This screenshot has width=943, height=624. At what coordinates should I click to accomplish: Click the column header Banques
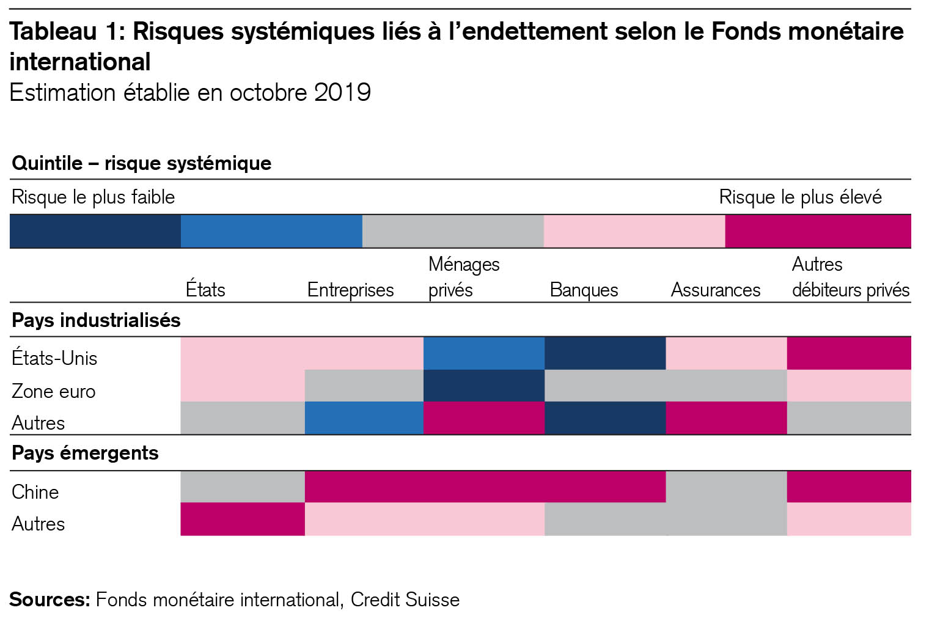(x=584, y=290)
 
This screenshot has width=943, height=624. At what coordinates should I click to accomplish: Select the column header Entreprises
(x=350, y=290)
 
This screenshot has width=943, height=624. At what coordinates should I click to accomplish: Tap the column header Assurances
(x=715, y=290)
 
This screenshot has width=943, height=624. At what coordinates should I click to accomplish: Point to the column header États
(x=205, y=290)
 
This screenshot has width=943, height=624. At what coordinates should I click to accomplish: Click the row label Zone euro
(x=54, y=391)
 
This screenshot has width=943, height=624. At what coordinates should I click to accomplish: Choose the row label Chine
(x=35, y=492)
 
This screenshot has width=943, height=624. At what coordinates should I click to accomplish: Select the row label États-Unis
(x=54, y=358)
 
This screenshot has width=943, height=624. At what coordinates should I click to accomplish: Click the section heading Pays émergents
(x=85, y=453)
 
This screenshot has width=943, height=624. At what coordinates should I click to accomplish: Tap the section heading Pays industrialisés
(x=96, y=320)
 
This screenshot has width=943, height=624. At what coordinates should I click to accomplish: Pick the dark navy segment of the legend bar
(x=95, y=231)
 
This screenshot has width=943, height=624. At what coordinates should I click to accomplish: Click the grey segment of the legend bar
(x=453, y=231)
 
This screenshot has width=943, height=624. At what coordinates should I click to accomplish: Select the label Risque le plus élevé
(x=800, y=197)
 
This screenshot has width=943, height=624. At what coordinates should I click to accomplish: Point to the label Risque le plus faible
(x=93, y=197)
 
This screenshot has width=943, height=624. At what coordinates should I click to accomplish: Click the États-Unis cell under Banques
(x=604, y=353)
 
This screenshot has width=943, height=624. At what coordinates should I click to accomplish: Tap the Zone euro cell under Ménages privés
(x=483, y=386)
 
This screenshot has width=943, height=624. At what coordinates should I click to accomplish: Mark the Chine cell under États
(x=243, y=487)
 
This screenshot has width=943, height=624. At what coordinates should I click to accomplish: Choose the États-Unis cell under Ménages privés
(x=483, y=353)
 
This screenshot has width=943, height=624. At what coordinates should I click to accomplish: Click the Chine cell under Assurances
(x=726, y=487)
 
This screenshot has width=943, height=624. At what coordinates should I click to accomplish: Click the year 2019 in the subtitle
(x=342, y=93)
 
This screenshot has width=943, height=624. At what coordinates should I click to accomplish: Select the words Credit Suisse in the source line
(x=405, y=600)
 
